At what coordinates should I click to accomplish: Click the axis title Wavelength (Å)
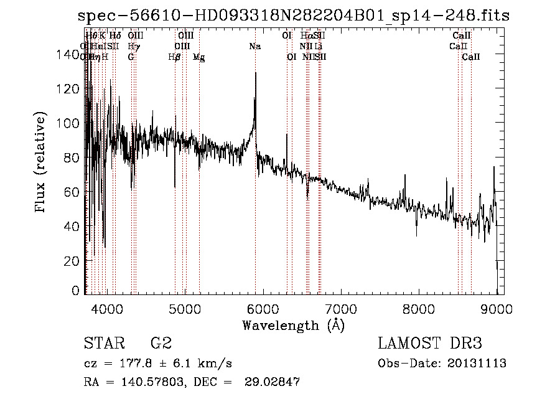[293, 325]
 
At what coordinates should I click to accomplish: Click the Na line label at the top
[255, 47]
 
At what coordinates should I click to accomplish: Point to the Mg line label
[199, 57]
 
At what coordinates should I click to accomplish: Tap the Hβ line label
[175, 57]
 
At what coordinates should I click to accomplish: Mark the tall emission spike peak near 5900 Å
[255, 73]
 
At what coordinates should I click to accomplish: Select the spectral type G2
[161, 344]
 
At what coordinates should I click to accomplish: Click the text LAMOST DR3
[430, 344]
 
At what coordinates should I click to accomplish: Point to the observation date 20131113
[476, 364]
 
